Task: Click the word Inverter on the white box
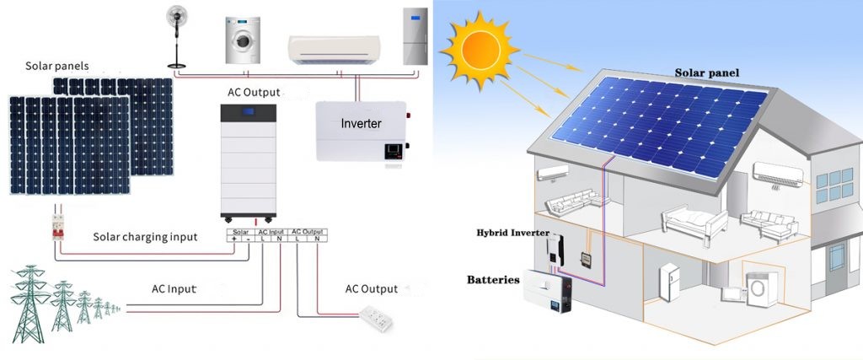coord(361,123)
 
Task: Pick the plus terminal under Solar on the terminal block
coord(233,239)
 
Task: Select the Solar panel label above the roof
coord(706,73)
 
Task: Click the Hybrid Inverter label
coord(512,232)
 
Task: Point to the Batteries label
coord(493,279)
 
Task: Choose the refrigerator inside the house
coord(670,283)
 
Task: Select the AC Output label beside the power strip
coord(371,289)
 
